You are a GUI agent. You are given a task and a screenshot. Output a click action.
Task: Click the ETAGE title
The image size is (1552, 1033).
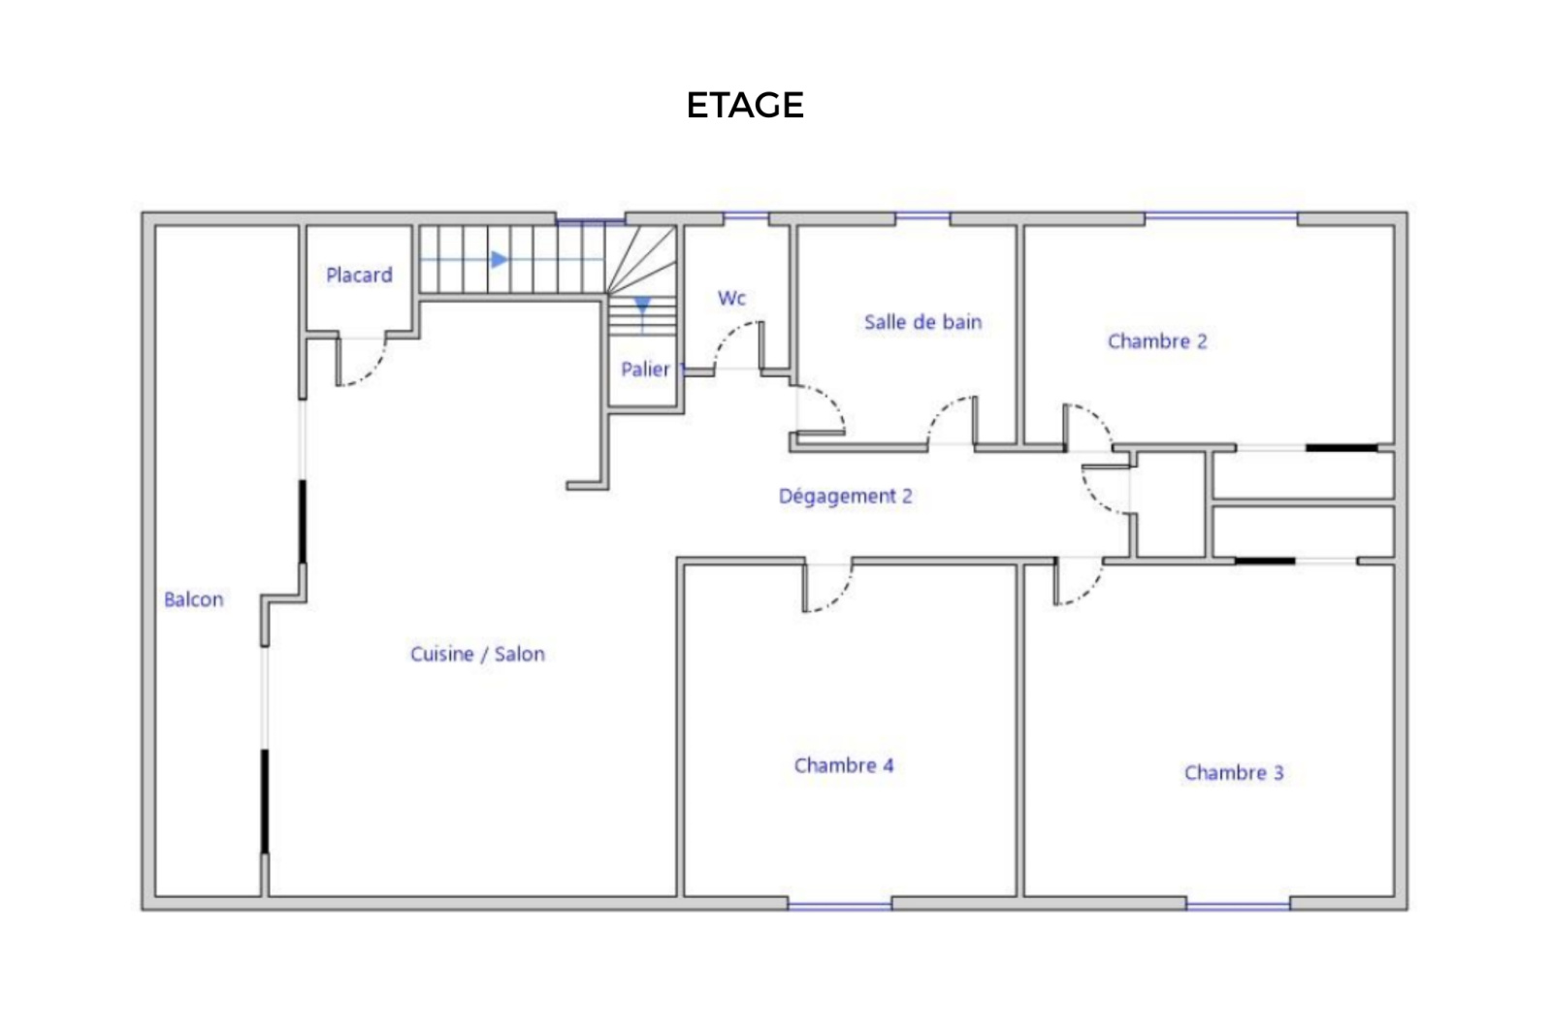tap(745, 106)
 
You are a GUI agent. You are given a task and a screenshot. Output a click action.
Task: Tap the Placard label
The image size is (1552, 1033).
tap(359, 275)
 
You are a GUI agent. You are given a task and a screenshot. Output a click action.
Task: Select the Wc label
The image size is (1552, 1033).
tap(731, 298)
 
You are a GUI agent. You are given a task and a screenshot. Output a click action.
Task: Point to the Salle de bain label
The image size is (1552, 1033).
tap(922, 321)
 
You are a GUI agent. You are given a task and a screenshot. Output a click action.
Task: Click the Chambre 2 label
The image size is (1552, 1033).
tap(1157, 340)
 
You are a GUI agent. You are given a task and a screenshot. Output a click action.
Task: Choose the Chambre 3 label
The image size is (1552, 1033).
tap(1234, 772)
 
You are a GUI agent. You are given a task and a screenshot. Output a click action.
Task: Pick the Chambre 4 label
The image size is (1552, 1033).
tap(844, 765)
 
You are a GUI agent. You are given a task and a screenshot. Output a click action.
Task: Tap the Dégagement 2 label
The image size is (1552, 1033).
tap(845, 496)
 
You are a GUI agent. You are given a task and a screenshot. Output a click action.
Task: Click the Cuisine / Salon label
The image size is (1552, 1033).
tap(477, 654)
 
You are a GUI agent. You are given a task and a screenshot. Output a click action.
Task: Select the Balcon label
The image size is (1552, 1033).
tap(193, 599)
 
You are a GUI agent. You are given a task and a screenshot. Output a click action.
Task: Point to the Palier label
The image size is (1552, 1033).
tap(645, 370)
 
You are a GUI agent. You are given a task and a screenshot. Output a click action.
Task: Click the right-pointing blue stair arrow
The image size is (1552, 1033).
tap(500, 260)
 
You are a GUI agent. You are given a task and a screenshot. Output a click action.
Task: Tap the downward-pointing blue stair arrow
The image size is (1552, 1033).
tap(642, 306)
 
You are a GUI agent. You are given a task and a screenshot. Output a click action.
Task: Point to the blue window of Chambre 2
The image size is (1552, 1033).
tap(1221, 217)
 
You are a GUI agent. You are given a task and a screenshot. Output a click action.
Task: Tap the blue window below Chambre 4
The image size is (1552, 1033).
tap(840, 906)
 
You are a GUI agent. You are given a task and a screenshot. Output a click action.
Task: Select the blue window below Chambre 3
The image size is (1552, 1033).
tap(1238, 906)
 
